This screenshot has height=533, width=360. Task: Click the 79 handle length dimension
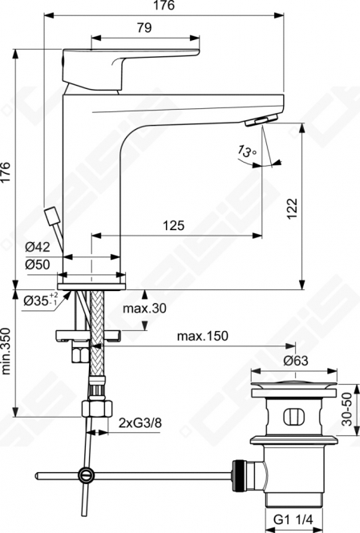click(144, 27)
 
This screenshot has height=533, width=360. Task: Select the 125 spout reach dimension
click(174, 225)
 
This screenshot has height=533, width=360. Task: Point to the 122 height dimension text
click(292, 208)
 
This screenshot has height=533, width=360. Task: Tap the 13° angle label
click(247, 151)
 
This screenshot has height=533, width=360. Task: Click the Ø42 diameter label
click(38, 247)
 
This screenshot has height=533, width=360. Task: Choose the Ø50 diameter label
click(38, 264)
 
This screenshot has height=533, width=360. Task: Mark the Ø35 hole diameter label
click(41, 300)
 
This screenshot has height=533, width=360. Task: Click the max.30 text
click(144, 309)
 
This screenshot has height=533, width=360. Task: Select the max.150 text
click(203, 336)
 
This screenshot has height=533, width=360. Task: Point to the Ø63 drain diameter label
click(296, 361)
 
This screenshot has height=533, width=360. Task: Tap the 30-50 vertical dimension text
click(347, 409)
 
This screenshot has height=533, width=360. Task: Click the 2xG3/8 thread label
click(140, 423)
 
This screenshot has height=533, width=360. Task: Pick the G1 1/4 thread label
click(293, 519)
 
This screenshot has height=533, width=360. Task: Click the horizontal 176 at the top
click(164, 6)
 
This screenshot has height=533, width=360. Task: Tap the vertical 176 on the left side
click(6, 173)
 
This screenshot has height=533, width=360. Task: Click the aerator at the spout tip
click(261, 120)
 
